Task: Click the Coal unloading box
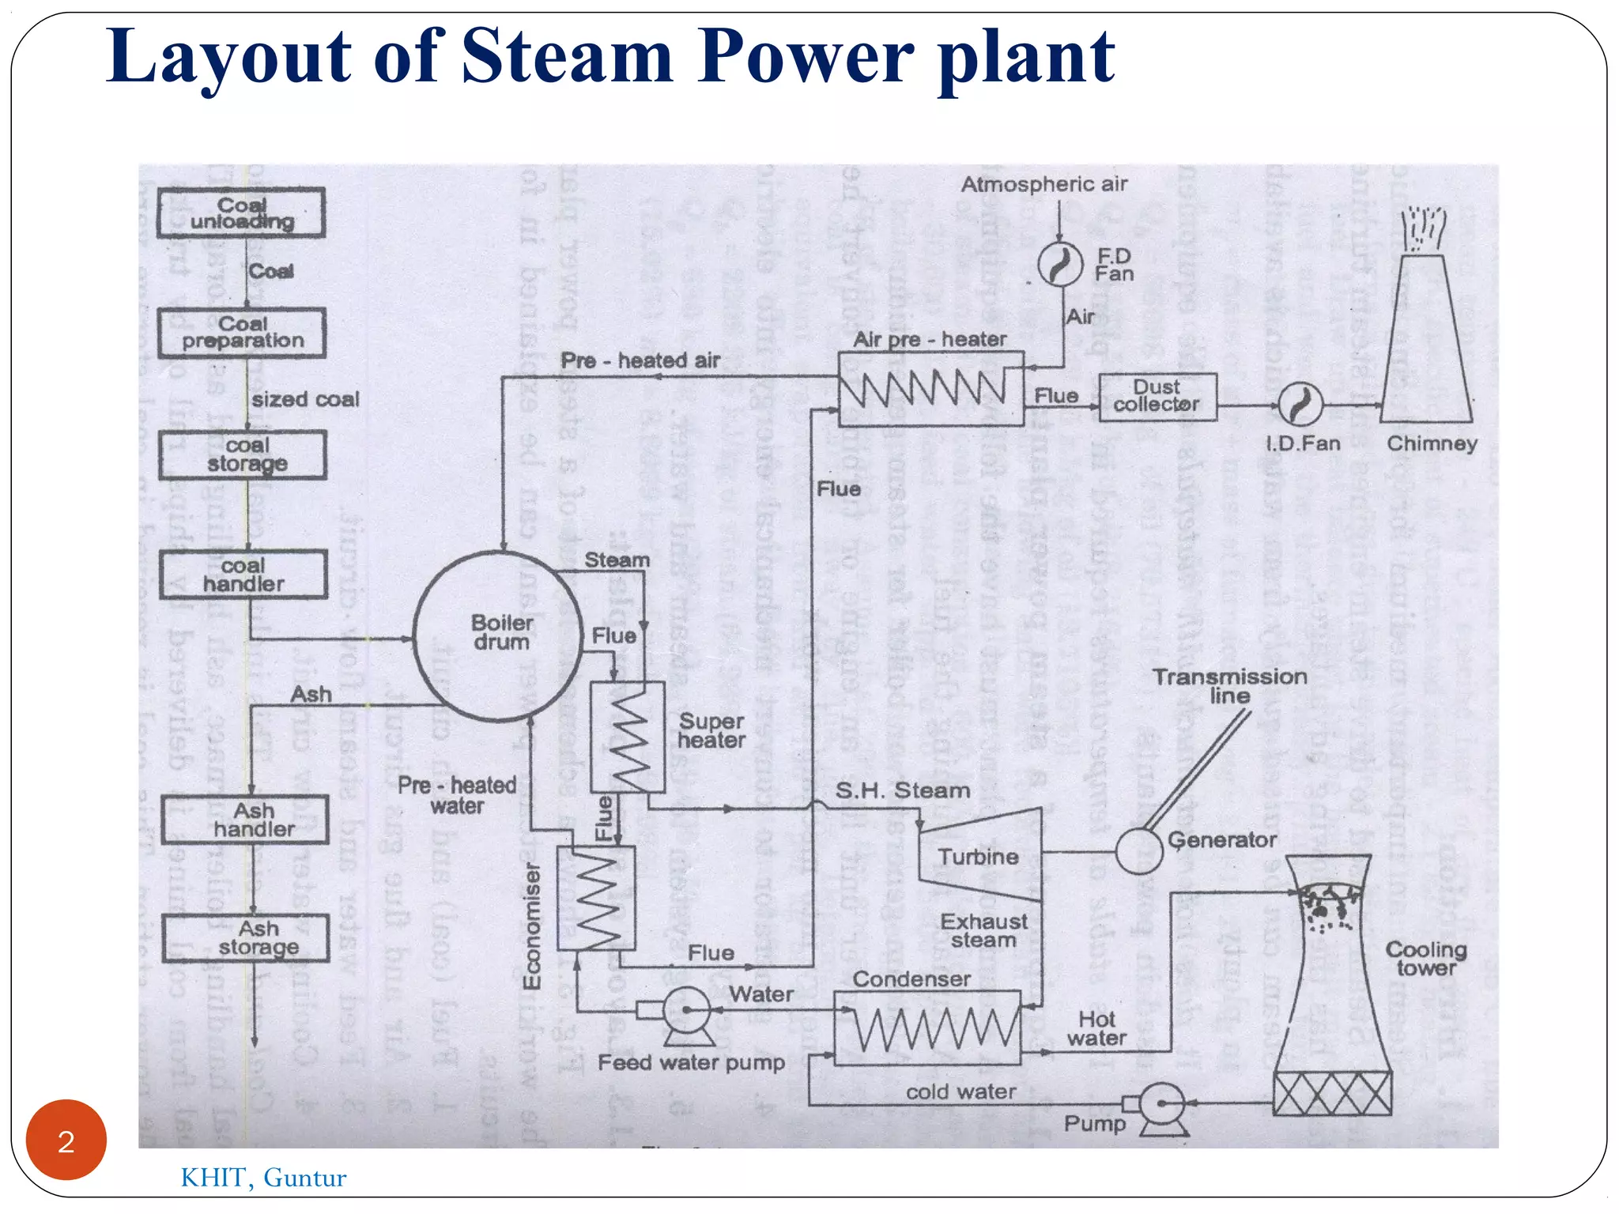241,213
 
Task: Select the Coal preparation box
242,333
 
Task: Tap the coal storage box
243,455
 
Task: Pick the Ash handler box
245,820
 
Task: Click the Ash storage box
246,938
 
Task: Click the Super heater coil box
628,737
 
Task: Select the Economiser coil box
596,898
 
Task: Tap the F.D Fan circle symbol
1060,265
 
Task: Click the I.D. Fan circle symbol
1300,405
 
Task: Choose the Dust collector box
1157,397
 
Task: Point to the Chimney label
1432,443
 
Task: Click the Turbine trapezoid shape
979,855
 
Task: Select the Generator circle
1139,851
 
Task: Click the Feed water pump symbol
685,1012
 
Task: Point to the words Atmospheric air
1043,184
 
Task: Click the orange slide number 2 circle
66,1140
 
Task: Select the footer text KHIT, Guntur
263,1178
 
